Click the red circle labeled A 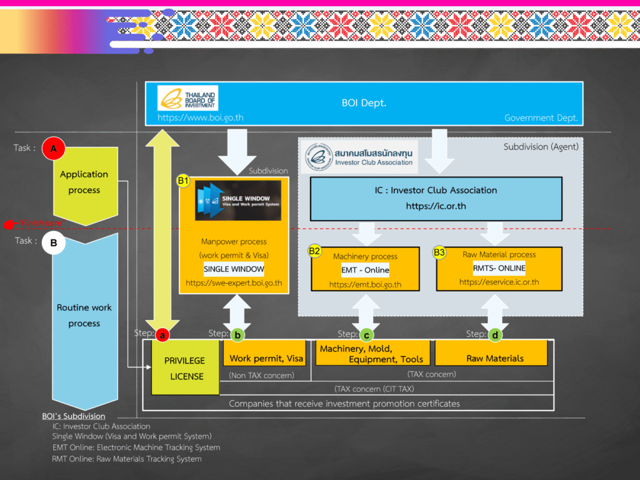click(54, 149)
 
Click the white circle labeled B click(54, 243)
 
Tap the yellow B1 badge click(183, 181)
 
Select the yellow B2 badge click(315, 251)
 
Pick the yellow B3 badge click(440, 252)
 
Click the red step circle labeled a click(162, 335)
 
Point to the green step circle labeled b click(237, 335)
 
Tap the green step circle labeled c click(367, 335)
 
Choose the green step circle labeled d click(495, 335)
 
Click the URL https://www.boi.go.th click(191, 117)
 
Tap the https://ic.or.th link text click(436, 205)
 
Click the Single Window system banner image click(237, 201)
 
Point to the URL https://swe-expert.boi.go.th click(234, 283)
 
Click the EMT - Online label click(365, 270)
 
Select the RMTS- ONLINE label click(499, 268)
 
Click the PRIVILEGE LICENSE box click(184, 368)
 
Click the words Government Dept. click(541, 117)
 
